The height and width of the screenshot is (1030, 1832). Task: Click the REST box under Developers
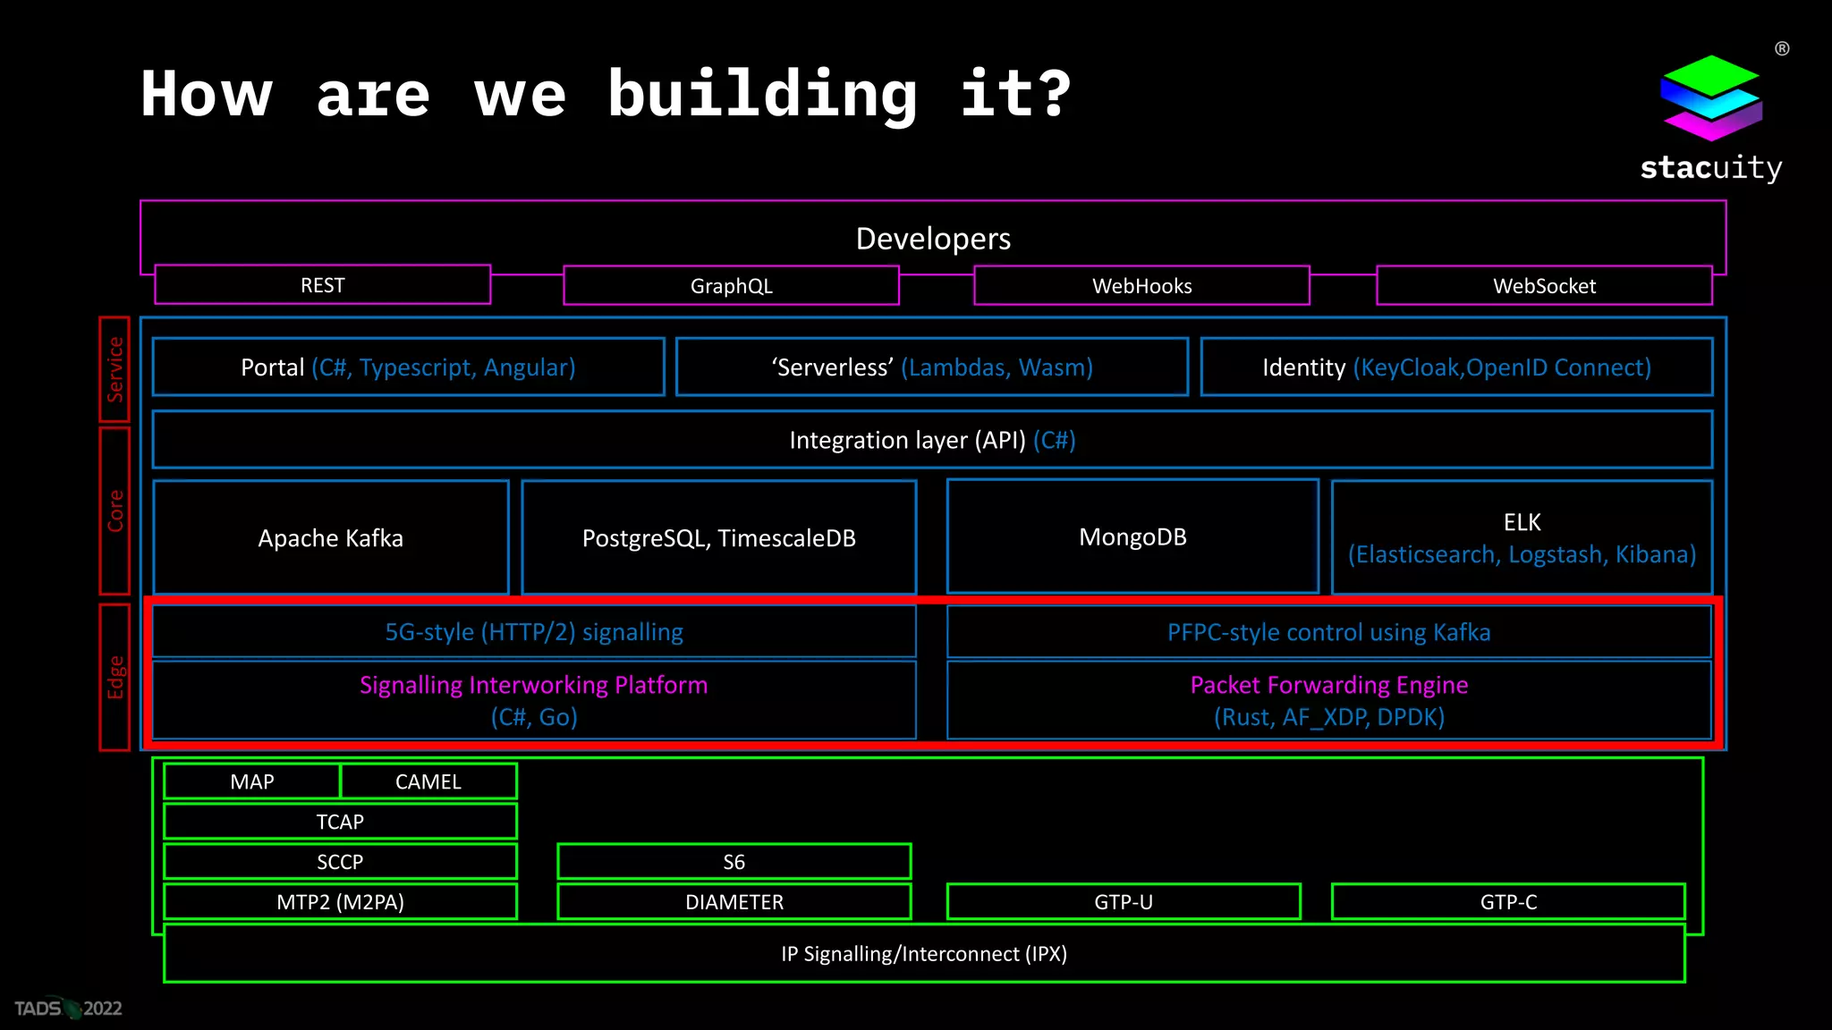(x=322, y=285)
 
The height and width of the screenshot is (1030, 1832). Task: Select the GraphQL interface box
(x=731, y=286)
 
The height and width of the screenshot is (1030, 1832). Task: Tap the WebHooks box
(x=1141, y=286)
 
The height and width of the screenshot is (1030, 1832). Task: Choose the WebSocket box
(x=1544, y=286)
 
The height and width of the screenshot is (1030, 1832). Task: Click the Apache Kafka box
(x=331, y=537)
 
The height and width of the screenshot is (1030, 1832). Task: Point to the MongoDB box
(x=1132, y=536)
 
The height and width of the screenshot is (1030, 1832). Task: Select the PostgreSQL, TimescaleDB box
(x=718, y=537)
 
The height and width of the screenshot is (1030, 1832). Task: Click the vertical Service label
(x=114, y=369)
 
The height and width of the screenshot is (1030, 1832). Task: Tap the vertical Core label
(x=114, y=511)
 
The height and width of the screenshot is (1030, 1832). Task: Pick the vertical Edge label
(x=114, y=677)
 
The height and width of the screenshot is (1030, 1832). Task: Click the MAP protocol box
(x=252, y=781)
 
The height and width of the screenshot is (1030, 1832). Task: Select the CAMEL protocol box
(x=428, y=781)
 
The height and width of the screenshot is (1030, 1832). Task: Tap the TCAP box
(x=340, y=822)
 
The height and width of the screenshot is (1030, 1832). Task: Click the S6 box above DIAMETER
(x=734, y=862)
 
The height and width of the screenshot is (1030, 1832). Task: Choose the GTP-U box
(x=1124, y=902)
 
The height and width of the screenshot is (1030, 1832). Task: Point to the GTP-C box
(x=1508, y=902)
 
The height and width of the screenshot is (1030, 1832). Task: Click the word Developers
(x=933, y=239)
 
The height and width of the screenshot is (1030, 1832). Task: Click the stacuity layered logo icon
(x=1710, y=97)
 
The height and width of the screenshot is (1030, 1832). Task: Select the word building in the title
(x=762, y=95)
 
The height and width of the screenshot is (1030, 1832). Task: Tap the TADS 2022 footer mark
(x=68, y=1009)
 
